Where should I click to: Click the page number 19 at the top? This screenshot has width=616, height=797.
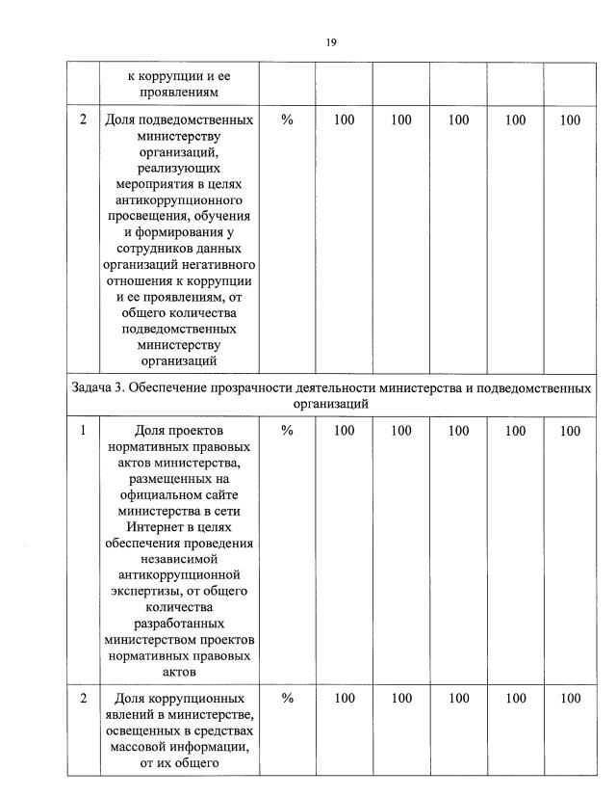[330, 41]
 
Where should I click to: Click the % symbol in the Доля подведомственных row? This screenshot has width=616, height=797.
[287, 120]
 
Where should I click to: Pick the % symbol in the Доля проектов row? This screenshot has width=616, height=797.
[287, 431]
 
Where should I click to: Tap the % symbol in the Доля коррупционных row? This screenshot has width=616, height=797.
[287, 699]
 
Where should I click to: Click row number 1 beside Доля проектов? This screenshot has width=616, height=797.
[83, 431]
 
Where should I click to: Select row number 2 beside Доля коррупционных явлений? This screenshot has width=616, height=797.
[83, 699]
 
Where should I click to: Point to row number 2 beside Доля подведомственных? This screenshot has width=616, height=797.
[83, 120]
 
